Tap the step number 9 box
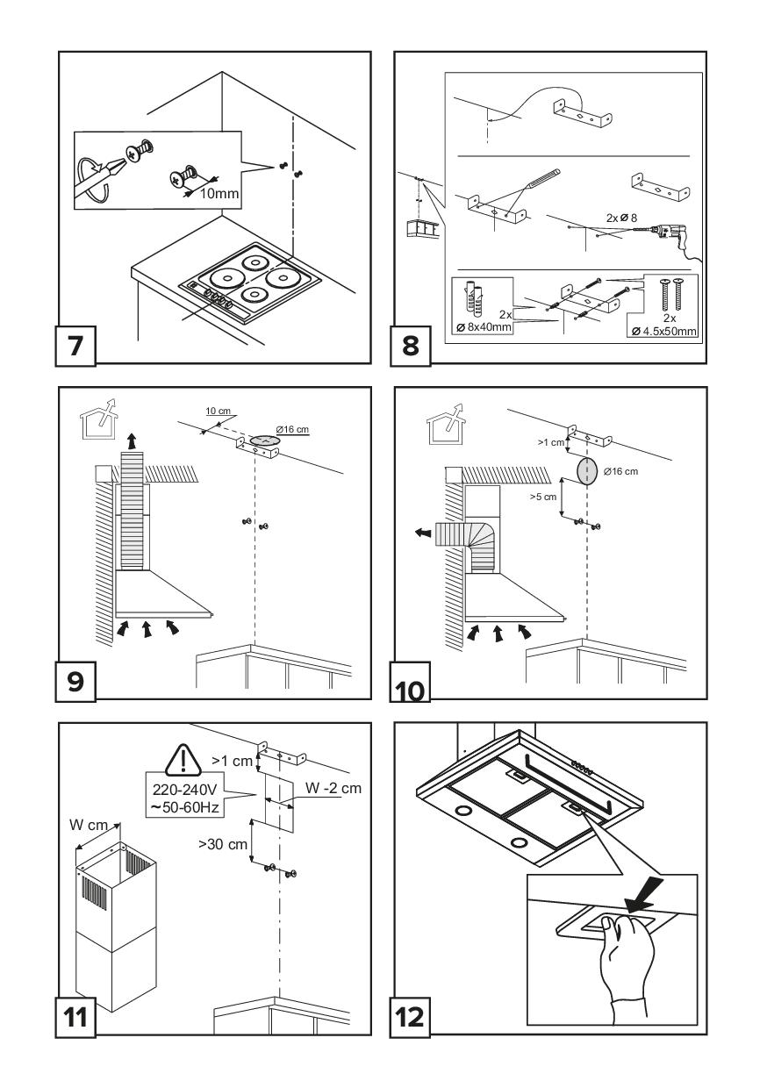(x=76, y=680)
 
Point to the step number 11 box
(x=77, y=1016)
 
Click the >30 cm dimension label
(x=222, y=843)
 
